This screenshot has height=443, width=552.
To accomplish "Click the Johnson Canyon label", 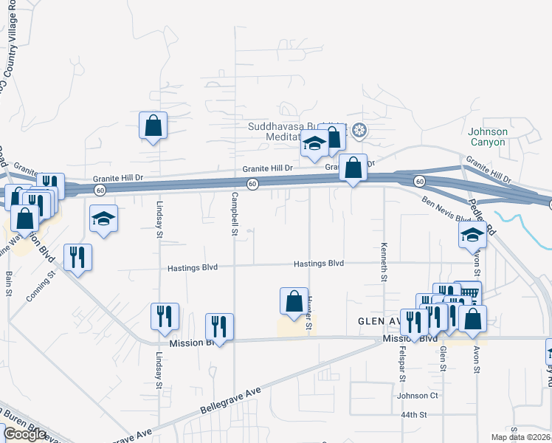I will pos(488,137).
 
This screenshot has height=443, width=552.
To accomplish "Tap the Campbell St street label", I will pos(235,214).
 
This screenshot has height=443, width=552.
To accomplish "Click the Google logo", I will pos(24,434).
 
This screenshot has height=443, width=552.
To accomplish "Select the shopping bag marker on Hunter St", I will pos(294,301).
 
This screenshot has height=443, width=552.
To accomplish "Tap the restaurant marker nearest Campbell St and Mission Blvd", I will pos(219,326).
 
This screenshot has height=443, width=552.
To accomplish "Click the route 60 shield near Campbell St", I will pos(252,184).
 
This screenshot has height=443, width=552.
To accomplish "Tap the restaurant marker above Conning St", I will pos(77,257).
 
